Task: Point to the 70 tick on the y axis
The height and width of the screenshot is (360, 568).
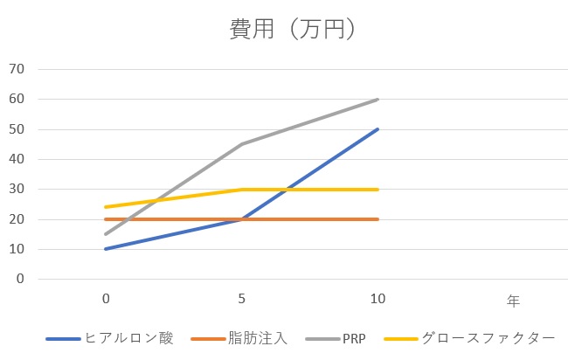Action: (x=17, y=69)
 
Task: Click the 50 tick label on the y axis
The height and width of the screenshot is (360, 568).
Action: (x=17, y=129)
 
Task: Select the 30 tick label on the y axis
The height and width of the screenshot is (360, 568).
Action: (x=17, y=189)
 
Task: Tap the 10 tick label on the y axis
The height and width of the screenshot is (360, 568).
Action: (x=17, y=249)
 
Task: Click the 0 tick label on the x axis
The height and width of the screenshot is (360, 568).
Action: (x=106, y=300)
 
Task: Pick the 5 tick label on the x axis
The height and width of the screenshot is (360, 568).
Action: (x=242, y=300)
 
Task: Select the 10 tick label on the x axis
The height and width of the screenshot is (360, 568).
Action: (x=378, y=300)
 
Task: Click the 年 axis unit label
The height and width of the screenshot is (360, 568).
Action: (x=513, y=301)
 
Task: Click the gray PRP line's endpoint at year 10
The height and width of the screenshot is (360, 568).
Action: (x=378, y=100)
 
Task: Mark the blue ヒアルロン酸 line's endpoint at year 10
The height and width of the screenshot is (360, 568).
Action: (x=378, y=129)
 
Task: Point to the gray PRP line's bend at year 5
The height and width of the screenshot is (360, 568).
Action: (x=242, y=144)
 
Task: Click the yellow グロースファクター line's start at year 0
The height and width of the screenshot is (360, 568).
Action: (x=106, y=207)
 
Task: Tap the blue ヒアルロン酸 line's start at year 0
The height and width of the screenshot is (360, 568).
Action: (x=106, y=249)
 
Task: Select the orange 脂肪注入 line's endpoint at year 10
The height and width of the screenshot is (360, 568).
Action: (x=378, y=219)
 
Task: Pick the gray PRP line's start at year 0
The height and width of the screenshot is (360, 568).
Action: (x=106, y=234)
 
